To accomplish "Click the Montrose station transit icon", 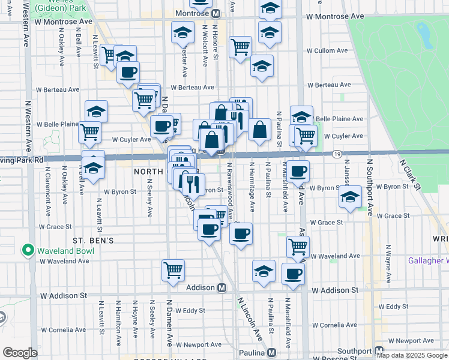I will pyautogui.click(x=215, y=13).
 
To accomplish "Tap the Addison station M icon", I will pyautogui.click(x=221, y=287).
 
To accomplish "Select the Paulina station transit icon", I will pyautogui.click(x=272, y=352).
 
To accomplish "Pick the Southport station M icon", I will pyautogui.click(x=379, y=351).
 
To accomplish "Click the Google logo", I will pyautogui.click(x=20, y=353).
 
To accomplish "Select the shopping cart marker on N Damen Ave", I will pyautogui.click(x=173, y=270).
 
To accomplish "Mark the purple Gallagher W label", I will pyautogui.click(x=428, y=260).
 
